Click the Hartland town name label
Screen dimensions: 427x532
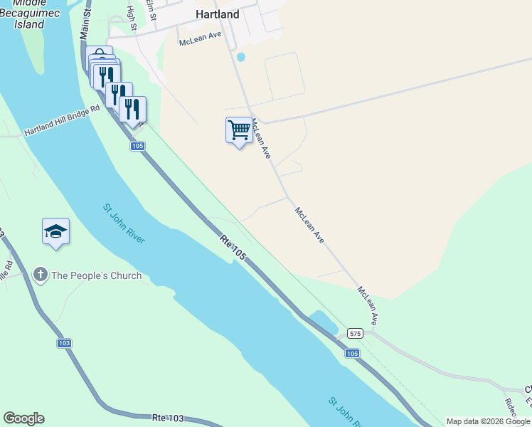point(217,14)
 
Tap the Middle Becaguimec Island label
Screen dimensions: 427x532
point(29,14)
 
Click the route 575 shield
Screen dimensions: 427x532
point(356,333)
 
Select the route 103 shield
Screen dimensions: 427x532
point(65,343)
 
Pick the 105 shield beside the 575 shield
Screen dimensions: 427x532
point(352,353)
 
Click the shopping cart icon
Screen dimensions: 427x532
point(239,130)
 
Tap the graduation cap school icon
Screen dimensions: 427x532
point(55,231)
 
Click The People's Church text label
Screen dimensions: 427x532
point(96,275)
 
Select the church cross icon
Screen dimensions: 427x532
point(41,275)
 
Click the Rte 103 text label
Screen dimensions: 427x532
point(169,418)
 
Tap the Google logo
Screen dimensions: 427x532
point(23,418)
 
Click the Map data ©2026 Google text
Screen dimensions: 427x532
point(488,421)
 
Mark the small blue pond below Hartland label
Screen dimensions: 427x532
point(240,56)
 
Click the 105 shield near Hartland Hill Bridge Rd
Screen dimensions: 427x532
point(137,146)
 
